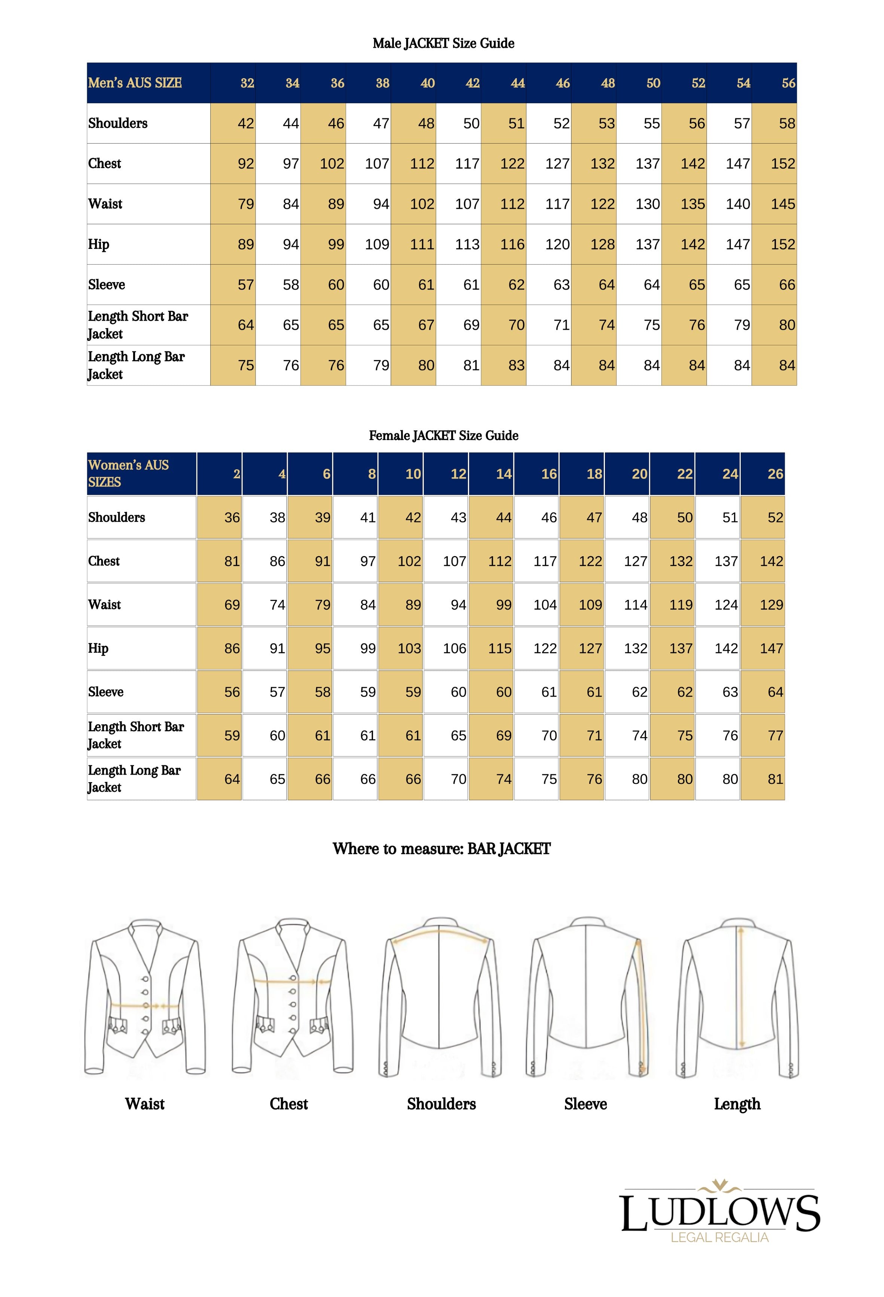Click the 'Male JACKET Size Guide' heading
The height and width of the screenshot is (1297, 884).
[x=443, y=43]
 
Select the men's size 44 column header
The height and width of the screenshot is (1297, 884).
[x=517, y=83]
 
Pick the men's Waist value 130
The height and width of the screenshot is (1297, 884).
[x=647, y=204]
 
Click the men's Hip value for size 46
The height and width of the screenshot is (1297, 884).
[x=557, y=244]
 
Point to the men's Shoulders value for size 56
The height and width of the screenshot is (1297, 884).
[x=786, y=123]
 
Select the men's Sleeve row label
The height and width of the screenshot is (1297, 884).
[x=107, y=285]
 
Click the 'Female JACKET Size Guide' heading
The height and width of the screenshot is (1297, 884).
[x=443, y=436]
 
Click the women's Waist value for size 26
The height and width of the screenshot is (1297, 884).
[x=771, y=605]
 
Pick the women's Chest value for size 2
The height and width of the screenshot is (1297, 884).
[x=232, y=561]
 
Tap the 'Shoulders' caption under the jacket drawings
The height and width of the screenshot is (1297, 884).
[x=441, y=1104]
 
